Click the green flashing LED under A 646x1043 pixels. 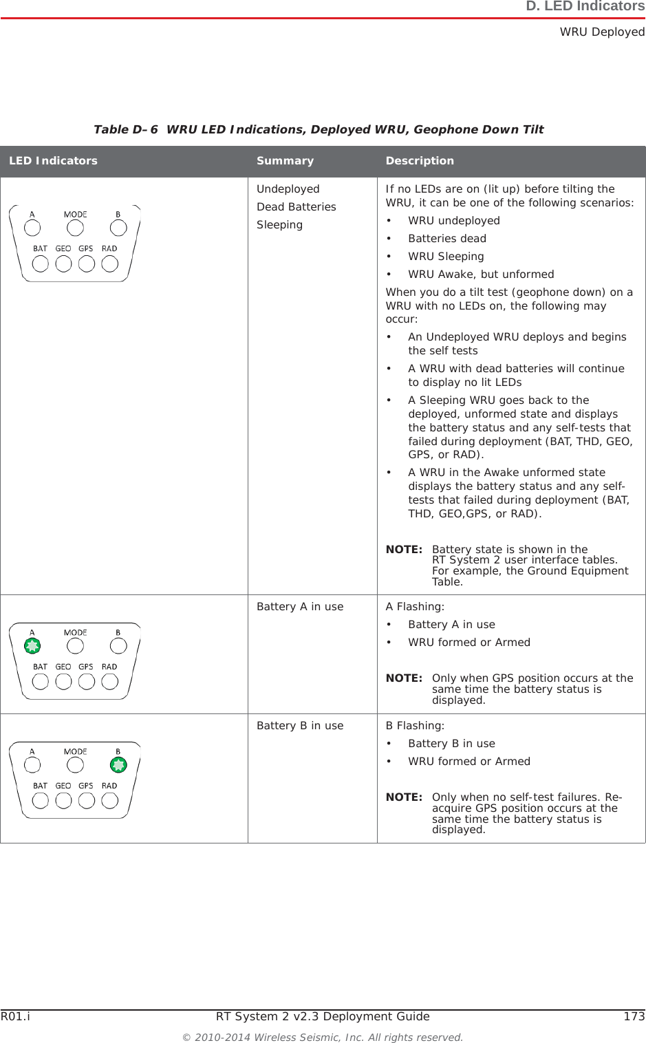[32, 645]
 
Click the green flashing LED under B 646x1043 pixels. [119, 764]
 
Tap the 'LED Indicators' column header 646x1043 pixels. [53, 161]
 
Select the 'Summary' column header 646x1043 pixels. [285, 161]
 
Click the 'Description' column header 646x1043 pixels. [420, 161]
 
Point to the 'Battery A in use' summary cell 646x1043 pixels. [300, 607]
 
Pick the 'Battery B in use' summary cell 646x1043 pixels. [300, 726]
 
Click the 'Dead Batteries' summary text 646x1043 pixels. [297, 207]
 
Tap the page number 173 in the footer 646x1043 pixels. [634, 1016]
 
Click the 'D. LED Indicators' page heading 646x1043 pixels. [585, 7]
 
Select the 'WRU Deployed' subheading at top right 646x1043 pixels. [602, 32]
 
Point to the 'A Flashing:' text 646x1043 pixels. [415, 607]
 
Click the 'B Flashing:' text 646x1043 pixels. [415, 726]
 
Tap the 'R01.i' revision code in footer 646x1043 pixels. [15, 1016]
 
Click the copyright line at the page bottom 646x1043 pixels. [322, 1037]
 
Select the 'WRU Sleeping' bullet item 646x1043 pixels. [446, 257]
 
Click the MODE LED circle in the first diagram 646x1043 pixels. [75, 227]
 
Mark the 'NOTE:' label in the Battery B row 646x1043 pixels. [404, 797]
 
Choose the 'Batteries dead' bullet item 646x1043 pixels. [447, 239]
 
